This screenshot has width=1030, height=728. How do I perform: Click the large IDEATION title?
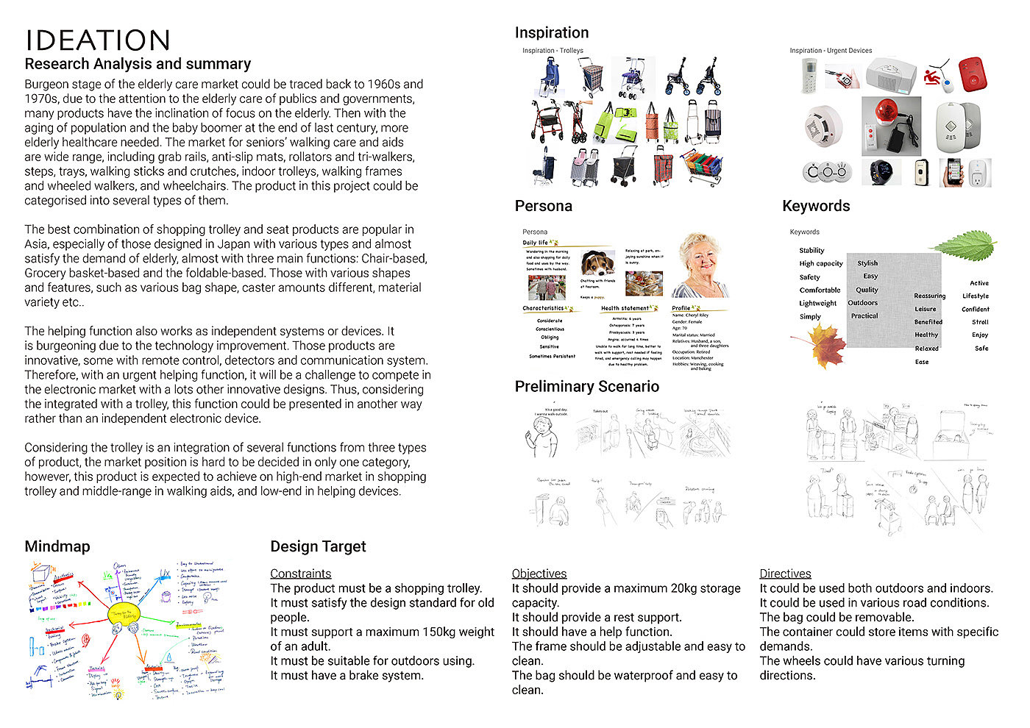click(x=98, y=40)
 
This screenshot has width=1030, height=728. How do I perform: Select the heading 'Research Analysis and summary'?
click(x=138, y=64)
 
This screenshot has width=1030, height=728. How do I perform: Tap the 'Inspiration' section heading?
click(x=552, y=32)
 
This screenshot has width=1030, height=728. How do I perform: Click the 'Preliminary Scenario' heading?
click(x=586, y=387)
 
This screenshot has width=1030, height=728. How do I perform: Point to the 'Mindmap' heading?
click(x=57, y=546)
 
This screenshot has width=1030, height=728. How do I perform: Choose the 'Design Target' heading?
click(x=318, y=546)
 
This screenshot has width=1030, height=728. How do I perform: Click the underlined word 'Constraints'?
click(x=300, y=574)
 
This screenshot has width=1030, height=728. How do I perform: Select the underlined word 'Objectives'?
click(x=539, y=574)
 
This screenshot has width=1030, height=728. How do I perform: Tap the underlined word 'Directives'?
click(x=785, y=574)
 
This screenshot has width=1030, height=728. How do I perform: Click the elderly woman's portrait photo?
click(x=702, y=265)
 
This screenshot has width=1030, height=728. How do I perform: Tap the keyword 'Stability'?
click(x=811, y=251)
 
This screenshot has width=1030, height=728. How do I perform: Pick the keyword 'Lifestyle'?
click(x=976, y=296)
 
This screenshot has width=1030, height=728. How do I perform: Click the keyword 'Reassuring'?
click(x=929, y=296)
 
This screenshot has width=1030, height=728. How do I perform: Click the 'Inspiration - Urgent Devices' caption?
click(x=831, y=51)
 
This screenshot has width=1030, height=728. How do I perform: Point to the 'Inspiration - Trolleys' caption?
click(x=553, y=51)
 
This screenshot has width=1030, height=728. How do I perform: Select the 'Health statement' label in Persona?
click(x=625, y=308)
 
